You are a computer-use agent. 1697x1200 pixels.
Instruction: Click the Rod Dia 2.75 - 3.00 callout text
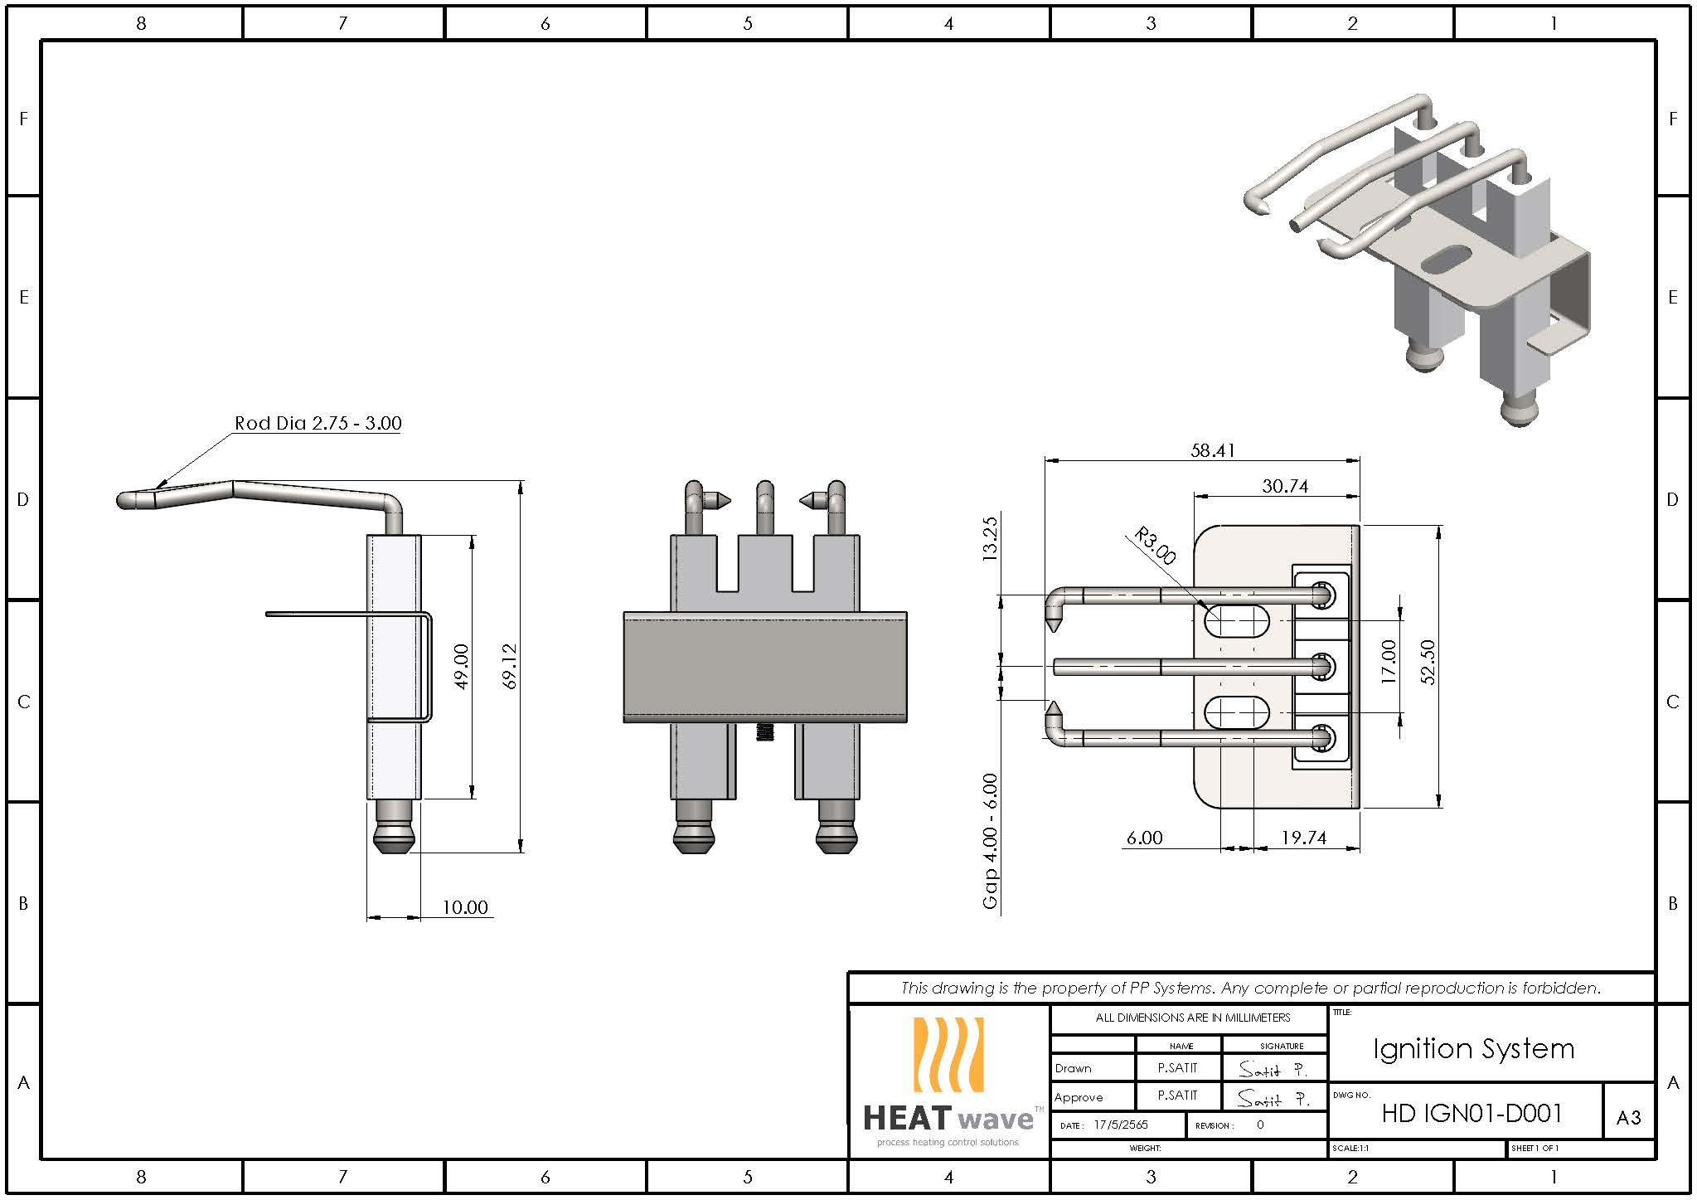(318, 423)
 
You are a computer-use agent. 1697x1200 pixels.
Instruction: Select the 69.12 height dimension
(511, 666)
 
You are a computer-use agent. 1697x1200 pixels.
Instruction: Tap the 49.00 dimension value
(463, 666)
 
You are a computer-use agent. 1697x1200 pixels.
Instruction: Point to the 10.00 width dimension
(464, 907)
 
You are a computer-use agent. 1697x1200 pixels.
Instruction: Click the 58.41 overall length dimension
(1212, 450)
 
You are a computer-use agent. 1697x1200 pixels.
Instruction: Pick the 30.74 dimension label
(1284, 486)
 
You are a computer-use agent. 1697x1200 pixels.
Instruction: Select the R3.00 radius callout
(1154, 546)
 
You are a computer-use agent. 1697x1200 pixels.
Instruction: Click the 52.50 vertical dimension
(1428, 662)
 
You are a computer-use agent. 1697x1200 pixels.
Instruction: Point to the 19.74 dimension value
(1303, 838)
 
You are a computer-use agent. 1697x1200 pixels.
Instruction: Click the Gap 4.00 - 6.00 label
(991, 841)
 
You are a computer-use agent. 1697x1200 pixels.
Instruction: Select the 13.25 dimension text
(990, 539)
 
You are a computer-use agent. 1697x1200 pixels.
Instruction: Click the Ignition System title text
(1473, 1049)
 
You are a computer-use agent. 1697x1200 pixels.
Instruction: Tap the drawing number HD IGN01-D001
(1472, 1113)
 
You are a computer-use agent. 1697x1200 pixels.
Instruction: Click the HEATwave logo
(948, 1082)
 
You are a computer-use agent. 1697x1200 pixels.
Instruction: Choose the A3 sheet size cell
(1628, 1118)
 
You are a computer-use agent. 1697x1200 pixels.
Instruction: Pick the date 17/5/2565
(1121, 1125)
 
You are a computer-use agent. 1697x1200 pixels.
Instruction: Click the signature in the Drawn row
(1273, 1070)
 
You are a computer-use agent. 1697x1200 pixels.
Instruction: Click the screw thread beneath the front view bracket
(764, 731)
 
